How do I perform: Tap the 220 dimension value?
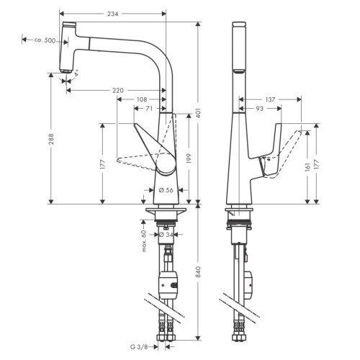point(118,91)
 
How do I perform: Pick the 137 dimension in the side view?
point(270,99)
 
